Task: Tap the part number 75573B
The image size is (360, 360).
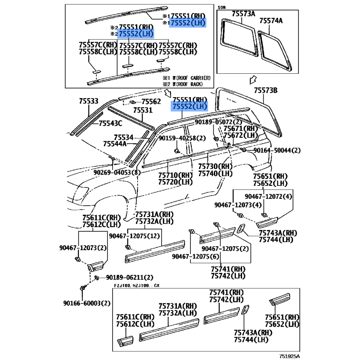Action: point(265,91)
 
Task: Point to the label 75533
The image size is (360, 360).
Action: point(88,102)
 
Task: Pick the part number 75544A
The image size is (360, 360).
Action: point(115,144)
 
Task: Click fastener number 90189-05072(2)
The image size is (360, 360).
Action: point(218,122)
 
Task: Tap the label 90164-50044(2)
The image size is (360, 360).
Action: point(277,150)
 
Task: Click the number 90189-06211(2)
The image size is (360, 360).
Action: point(129,278)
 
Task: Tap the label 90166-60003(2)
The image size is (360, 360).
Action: point(86,303)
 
